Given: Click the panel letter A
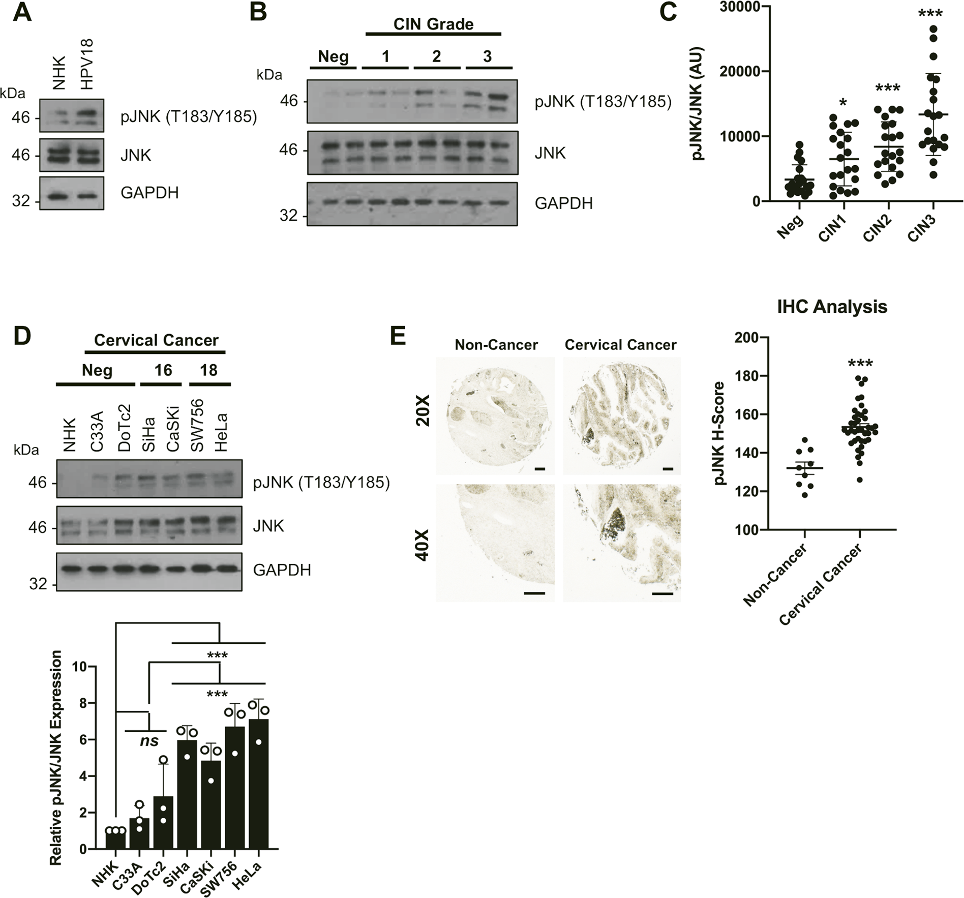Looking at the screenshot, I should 22,12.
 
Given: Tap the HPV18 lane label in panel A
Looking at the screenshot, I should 87,64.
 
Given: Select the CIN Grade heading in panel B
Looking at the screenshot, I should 433,24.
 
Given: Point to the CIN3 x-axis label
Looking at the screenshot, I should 921,228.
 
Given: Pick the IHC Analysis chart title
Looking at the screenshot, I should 832,307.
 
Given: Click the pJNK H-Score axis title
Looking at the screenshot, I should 720,433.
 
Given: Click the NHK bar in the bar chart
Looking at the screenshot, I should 116,840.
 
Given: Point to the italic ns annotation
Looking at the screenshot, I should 149,741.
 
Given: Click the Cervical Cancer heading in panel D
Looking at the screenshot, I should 156,340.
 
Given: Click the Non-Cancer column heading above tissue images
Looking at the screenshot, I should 496,345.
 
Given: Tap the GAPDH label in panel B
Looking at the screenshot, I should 563,203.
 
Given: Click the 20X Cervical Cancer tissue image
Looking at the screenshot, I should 621,415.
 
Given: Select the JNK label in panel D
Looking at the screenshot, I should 268,526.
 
